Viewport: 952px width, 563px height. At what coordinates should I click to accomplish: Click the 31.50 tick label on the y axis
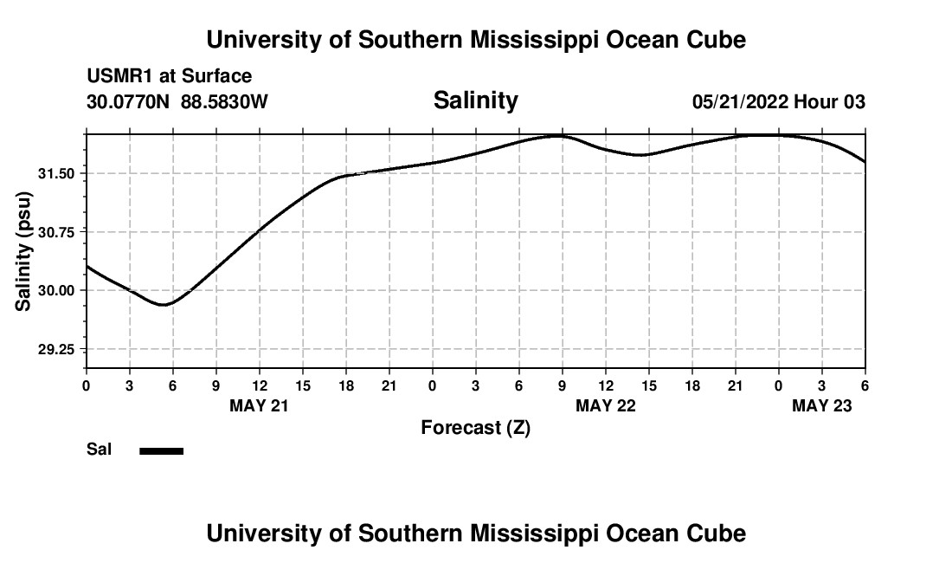[x=58, y=174]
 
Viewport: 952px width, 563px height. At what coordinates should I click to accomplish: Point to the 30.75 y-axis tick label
[x=58, y=232]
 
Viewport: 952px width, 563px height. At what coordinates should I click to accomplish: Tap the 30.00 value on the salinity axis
[x=58, y=290]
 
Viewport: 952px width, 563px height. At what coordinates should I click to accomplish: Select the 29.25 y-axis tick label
[x=58, y=349]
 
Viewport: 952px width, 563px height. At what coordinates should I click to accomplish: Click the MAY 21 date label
[x=259, y=406]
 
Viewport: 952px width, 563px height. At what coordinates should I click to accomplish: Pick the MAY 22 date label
[x=606, y=406]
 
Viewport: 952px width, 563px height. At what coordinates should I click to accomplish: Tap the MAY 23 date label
[x=822, y=406]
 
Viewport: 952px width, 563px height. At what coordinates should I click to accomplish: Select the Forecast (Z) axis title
[x=475, y=428]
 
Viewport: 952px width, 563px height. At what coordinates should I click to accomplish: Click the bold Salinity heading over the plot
[x=475, y=100]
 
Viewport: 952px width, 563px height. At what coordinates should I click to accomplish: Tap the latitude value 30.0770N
[x=129, y=102]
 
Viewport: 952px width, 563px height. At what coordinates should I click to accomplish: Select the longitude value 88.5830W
[x=224, y=102]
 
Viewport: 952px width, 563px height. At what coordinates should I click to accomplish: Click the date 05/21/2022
[x=740, y=102]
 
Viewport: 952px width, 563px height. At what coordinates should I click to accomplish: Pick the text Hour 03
[x=830, y=102]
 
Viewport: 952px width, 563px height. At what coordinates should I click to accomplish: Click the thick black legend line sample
[x=162, y=450]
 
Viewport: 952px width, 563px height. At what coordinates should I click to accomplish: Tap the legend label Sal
[x=100, y=450]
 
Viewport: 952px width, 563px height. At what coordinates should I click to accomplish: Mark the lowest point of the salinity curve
[x=163, y=305]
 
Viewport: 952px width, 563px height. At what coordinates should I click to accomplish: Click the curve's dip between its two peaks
[x=640, y=155]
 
